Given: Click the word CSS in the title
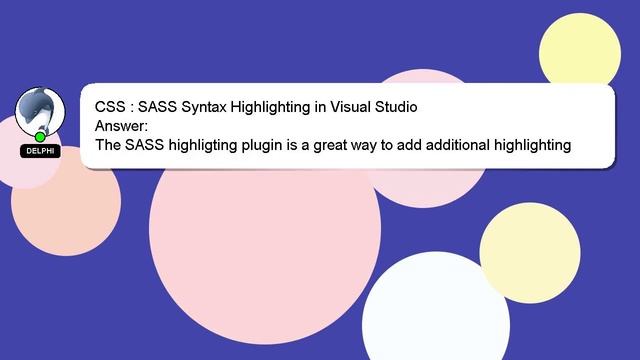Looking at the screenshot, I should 110,106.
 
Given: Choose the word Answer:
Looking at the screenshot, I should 121,125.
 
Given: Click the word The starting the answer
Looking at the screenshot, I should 109,145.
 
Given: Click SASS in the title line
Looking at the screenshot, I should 156,106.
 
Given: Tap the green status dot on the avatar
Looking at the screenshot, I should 40,137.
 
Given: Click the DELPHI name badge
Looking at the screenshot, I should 39,150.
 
